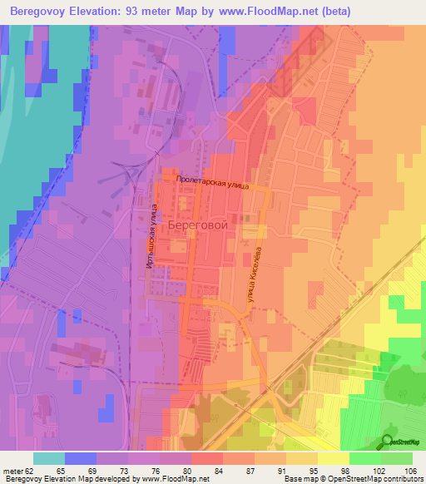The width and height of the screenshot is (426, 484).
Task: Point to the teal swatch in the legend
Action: (x=49, y=458)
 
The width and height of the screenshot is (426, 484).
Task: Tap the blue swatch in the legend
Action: (x=81, y=458)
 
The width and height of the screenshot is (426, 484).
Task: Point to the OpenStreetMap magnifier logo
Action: (x=388, y=442)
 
